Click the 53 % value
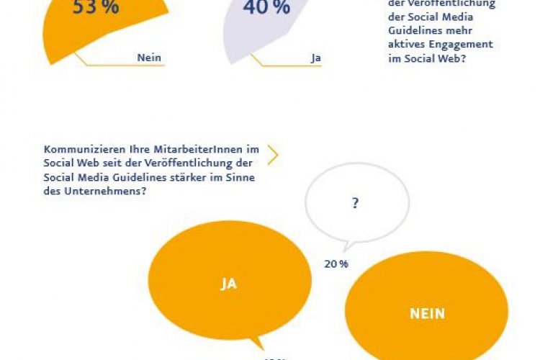(96, 8)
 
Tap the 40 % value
(266, 8)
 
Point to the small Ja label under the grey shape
(315, 58)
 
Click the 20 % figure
(336, 264)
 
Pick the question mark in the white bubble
(355, 204)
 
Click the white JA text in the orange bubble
(228, 284)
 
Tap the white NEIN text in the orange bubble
(428, 313)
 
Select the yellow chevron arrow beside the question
(272, 154)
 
